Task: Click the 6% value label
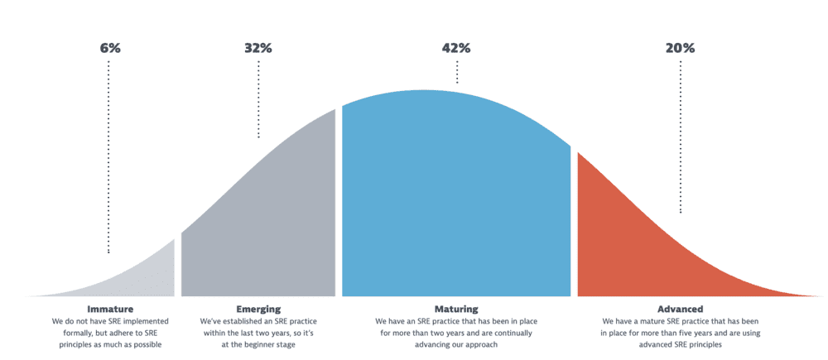(x=110, y=48)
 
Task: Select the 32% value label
(x=258, y=48)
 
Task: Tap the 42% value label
(x=456, y=48)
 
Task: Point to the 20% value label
(x=680, y=48)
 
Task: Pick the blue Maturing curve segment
(x=455, y=199)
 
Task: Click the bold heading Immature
(x=110, y=309)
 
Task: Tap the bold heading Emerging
(x=258, y=309)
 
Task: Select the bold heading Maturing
(x=456, y=309)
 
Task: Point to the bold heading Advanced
(x=680, y=309)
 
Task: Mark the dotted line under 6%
(x=108, y=157)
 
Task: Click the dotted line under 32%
(x=258, y=99)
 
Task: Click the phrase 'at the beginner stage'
(x=258, y=344)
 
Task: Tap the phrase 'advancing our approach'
(x=456, y=344)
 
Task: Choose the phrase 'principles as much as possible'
(x=110, y=344)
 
